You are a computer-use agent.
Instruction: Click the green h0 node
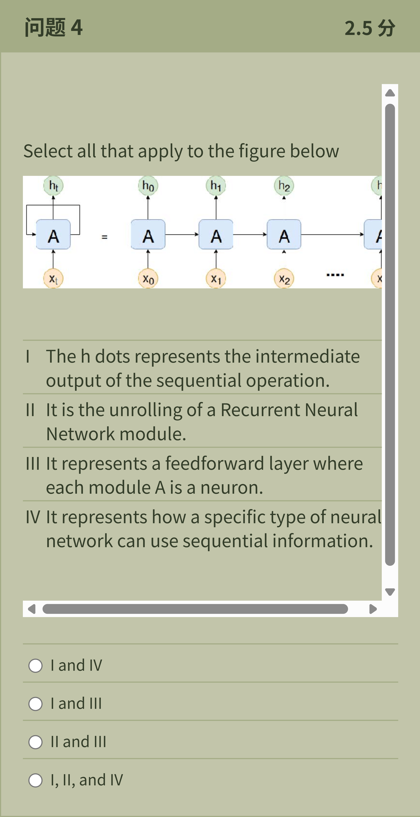pos(148,186)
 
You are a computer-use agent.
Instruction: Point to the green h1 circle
pos(216,186)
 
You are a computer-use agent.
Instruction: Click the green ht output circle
pos(53,186)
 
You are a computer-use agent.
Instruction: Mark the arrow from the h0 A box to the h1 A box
pos(182,234)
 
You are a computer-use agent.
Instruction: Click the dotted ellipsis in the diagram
pos(335,275)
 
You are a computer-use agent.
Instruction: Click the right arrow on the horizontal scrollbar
pos(373,609)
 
